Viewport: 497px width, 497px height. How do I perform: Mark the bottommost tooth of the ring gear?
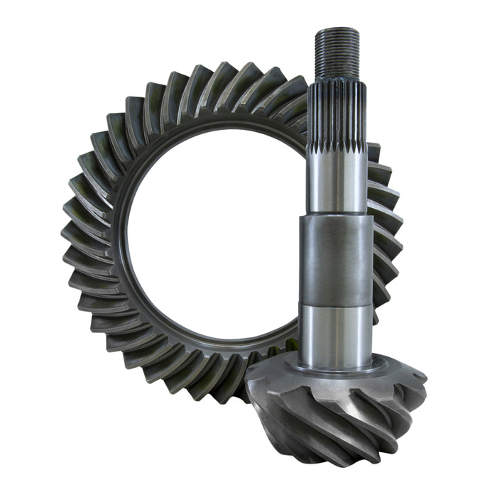[213, 387]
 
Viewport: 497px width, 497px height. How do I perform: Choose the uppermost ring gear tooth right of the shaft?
[373, 153]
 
